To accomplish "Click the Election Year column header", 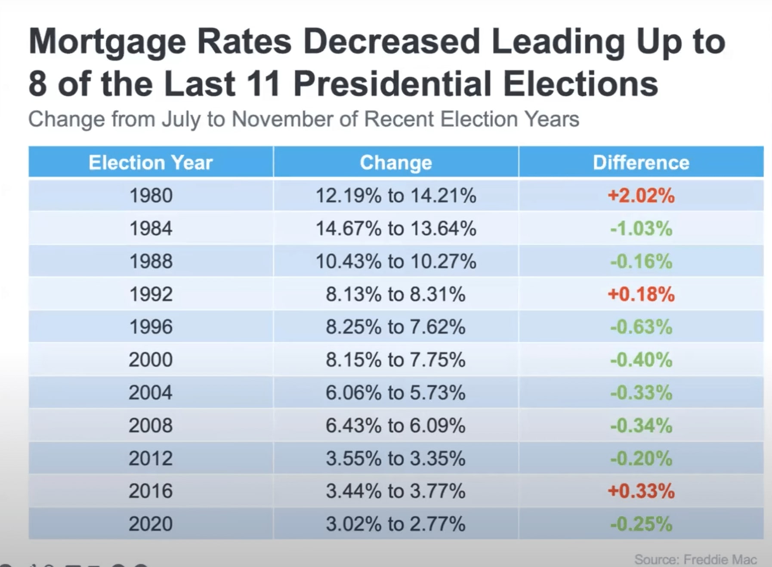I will (151, 163).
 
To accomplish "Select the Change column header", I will (395, 163).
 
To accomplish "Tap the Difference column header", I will (641, 163).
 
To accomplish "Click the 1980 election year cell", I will (151, 196).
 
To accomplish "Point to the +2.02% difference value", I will (641, 196).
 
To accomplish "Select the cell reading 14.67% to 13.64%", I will (395, 228).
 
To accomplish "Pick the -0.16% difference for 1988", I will (641, 261).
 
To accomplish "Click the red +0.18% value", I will (641, 294).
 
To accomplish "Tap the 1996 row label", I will (151, 327).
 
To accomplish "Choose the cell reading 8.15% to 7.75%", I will (395, 360).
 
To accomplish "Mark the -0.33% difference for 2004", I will (641, 393).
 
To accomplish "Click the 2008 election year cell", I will (151, 425).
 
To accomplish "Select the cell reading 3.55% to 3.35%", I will (395, 458).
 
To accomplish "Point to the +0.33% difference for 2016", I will (641, 491).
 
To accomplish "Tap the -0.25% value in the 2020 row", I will (641, 524).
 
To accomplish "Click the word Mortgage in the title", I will (107, 42).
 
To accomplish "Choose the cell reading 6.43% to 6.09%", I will (395, 425).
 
